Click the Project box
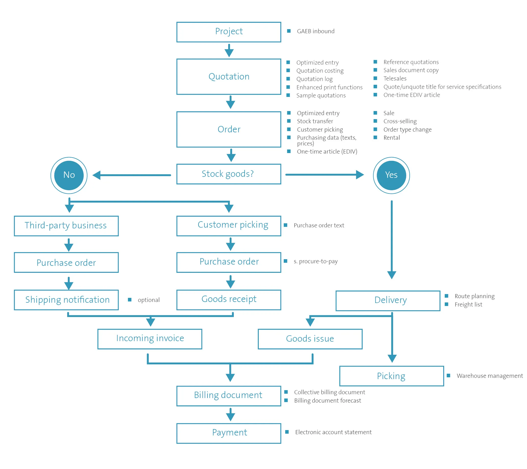click(229, 32)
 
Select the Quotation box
click(229, 77)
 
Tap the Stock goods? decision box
click(229, 174)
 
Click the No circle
click(69, 175)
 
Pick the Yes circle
click(391, 175)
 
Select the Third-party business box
click(66, 226)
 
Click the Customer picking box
click(229, 226)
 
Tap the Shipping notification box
click(66, 300)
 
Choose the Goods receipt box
click(229, 300)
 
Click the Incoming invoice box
click(150, 339)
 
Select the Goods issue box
click(310, 339)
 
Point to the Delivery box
click(388, 301)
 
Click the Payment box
click(229, 433)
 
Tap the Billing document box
click(229, 396)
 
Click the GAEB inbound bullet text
click(316, 31)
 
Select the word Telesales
click(395, 79)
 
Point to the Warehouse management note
click(490, 376)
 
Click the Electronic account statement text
click(333, 432)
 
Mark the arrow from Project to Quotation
click(229, 50)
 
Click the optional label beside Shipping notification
click(149, 300)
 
